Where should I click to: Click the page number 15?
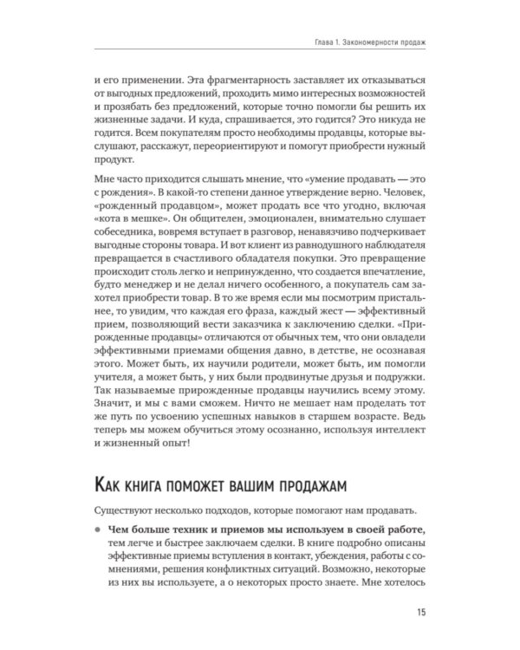pos(419,614)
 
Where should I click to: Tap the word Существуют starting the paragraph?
pos(124,507)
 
